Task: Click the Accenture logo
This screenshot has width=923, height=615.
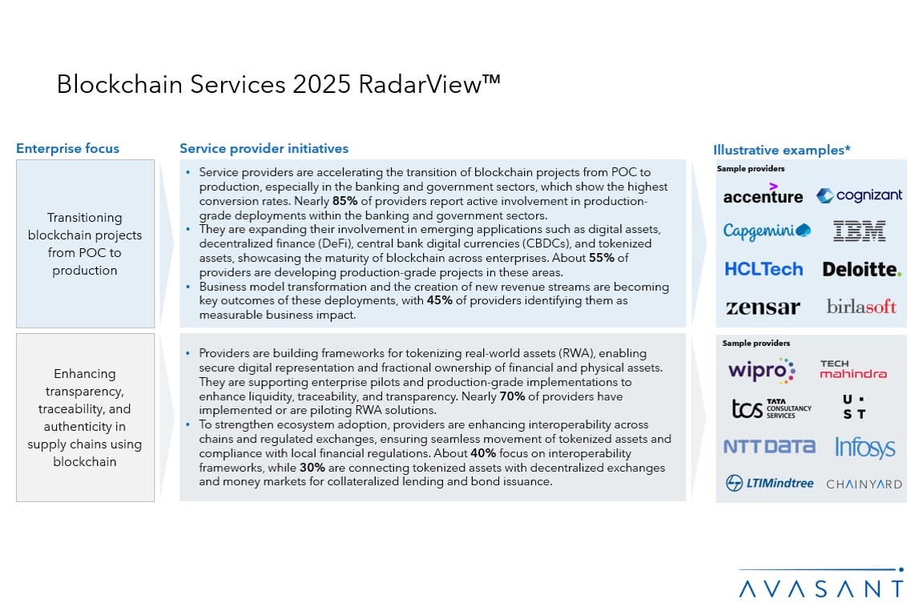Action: point(762,195)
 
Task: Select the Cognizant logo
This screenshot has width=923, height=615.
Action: point(859,195)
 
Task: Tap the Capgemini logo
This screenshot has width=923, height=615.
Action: point(767,231)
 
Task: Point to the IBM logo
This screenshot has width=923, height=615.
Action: point(859,231)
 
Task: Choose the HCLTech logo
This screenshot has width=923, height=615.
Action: point(763,269)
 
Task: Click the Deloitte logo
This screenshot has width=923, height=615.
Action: point(861,269)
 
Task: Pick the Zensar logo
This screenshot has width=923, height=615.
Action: point(763,307)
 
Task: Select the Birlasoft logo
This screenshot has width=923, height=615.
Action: point(861,307)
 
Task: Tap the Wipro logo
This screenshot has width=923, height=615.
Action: point(761,371)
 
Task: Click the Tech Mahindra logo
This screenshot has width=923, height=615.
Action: point(852,369)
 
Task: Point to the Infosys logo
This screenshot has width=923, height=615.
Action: point(865,447)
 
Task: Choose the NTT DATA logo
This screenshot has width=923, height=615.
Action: point(769,446)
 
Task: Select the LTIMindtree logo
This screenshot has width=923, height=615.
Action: point(769,483)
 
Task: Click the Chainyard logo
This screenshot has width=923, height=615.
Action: point(864,484)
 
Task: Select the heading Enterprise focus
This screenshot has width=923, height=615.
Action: point(67,148)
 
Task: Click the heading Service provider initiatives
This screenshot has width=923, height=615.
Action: point(264,148)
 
